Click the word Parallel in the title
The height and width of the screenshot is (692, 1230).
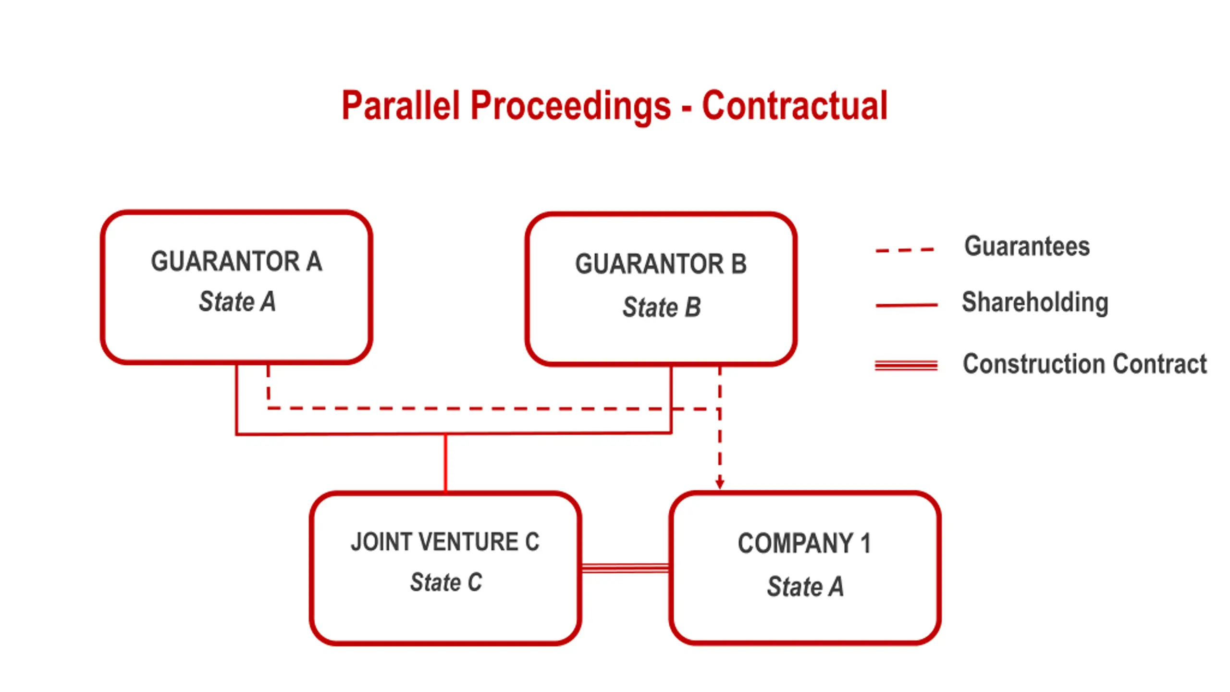click(401, 105)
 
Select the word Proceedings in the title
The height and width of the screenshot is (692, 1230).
click(571, 107)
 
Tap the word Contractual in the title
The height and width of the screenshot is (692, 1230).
click(795, 105)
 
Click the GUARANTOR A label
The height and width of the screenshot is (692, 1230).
click(236, 261)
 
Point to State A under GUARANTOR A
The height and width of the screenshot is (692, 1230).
click(237, 302)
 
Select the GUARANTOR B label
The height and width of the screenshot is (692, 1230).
click(661, 264)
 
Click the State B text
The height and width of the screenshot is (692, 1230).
click(662, 307)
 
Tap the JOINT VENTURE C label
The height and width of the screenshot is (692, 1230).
click(445, 542)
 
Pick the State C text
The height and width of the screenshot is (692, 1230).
click(446, 582)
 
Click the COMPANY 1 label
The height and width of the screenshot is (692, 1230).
click(805, 544)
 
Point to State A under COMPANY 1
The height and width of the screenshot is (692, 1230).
click(805, 587)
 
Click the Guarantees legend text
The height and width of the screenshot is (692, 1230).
click(1027, 246)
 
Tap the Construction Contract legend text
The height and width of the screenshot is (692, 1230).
click(1085, 364)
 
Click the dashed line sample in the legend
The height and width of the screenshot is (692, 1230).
click(905, 250)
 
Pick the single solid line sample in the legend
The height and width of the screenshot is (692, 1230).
click(907, 305)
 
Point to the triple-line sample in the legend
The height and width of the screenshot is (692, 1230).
click(906, 366)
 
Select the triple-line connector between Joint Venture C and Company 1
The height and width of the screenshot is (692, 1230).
click(625, 568)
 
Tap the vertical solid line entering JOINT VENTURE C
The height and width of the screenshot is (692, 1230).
click(445, 463)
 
